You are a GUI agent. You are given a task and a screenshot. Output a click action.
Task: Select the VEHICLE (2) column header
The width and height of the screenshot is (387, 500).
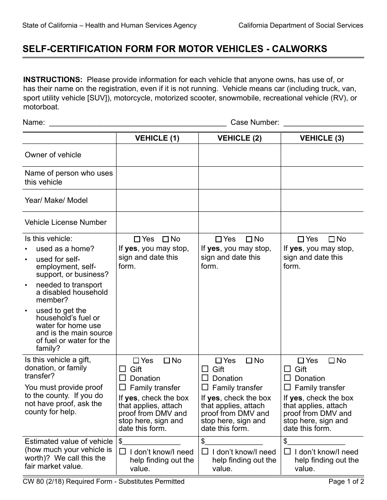240,138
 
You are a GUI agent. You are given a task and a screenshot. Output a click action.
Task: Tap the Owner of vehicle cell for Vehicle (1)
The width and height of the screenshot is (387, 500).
157,155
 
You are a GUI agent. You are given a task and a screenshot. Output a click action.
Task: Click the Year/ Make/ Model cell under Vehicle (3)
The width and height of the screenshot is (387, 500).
322,200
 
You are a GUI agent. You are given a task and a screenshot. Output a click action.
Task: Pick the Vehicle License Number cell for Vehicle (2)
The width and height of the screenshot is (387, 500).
240,222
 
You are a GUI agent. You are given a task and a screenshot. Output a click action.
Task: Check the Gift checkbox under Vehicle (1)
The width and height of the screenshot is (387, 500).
123,369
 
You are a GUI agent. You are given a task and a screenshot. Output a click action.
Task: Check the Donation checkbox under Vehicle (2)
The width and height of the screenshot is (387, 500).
205,378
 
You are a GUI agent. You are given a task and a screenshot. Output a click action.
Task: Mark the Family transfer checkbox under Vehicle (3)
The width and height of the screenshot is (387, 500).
287,387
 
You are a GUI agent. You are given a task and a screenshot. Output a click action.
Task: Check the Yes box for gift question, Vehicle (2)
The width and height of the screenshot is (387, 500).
218,361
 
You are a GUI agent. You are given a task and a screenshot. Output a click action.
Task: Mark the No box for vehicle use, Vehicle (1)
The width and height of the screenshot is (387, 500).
166,239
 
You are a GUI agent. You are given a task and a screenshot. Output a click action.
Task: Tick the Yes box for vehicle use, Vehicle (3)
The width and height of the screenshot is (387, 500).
301,239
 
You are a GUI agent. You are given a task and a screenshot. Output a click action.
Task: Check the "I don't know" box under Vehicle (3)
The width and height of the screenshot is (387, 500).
287,452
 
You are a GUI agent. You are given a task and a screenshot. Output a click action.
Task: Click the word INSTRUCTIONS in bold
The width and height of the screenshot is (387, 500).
53,80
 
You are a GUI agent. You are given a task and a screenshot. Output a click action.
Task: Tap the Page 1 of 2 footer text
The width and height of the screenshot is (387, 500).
346,482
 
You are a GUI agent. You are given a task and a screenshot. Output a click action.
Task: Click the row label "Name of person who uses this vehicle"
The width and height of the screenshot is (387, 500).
68,178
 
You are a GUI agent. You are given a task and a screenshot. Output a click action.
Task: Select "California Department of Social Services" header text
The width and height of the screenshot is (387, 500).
301,25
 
